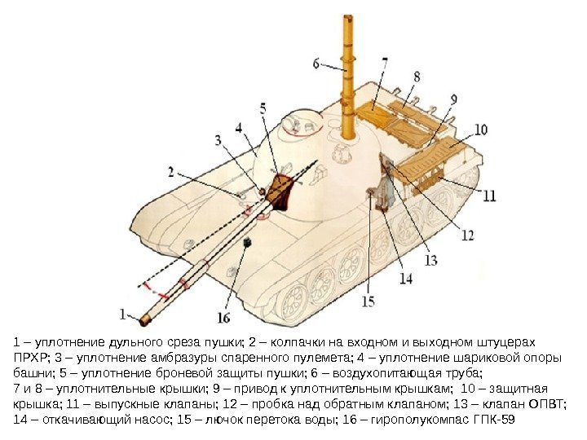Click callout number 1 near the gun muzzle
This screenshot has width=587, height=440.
point(123,312)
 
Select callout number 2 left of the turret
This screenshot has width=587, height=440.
point(171,172)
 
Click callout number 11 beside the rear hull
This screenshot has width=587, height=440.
point(488,196)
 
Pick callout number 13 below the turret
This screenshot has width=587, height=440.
point(430,260)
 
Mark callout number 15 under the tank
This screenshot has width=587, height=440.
point(369,301)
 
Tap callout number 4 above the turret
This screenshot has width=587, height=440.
point(239,128)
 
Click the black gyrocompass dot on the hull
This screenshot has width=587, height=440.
point(248,242)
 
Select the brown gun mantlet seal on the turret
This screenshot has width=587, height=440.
point(282,191)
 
